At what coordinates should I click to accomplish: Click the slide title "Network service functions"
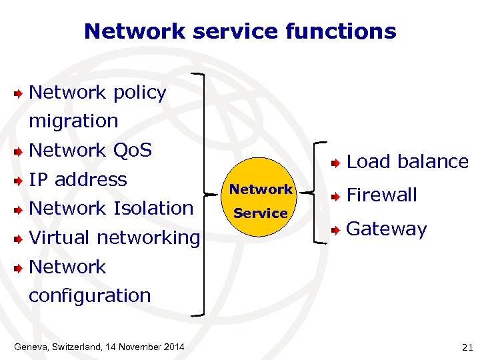click(x=240, y=31)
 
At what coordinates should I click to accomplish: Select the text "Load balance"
click(x=407, y=161)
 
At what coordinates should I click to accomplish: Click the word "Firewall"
click(x=381, y=195)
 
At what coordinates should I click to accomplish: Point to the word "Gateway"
click(x=386, y=229)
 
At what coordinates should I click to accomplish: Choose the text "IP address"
click(x=78, y=179)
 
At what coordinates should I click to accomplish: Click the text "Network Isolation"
click(x=111, y=208)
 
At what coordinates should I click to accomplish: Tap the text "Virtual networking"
click(x=114, y=237)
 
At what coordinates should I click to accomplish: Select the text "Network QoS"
click(x=91, y=151)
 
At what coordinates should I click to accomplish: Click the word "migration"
click(x=73, y=121)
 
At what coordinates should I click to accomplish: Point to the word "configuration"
click(x=90, y=295)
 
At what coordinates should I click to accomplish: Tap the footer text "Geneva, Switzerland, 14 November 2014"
click(x=99, y=347)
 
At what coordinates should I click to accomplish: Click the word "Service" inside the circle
click(x=261, y=213)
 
